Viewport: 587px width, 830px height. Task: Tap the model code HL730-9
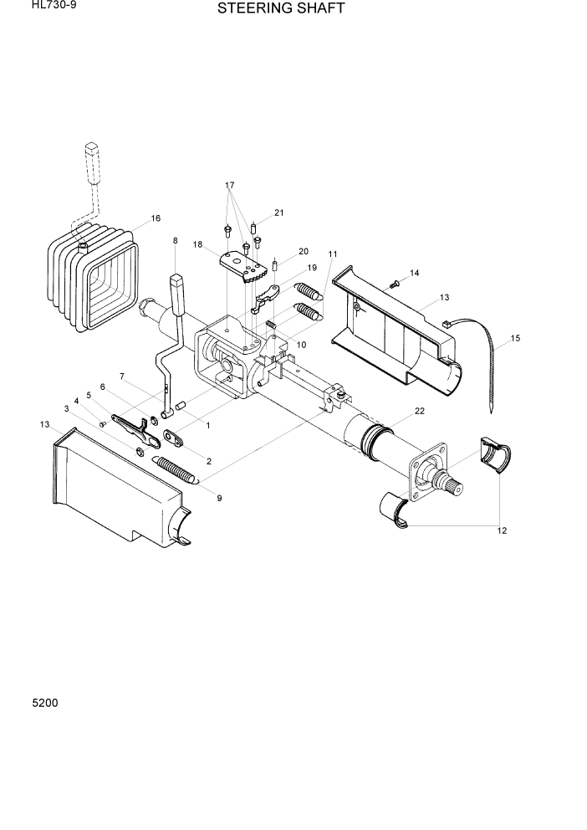click(48, 6)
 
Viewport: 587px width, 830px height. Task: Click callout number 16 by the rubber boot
click(156, 219)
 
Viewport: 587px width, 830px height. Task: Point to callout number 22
click(420, 411)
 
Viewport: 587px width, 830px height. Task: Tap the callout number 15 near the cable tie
click(515, 338)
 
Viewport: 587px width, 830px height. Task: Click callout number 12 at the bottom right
click(502, 530)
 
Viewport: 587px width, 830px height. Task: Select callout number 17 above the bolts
click(229, 185)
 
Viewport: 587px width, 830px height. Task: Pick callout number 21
click(278, 213)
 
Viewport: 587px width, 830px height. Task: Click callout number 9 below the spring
click(219, 499)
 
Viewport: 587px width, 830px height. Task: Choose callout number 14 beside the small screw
click(413, 274)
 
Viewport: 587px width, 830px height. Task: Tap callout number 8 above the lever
click(175, 241)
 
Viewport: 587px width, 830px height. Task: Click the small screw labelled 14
click(396, 285)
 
